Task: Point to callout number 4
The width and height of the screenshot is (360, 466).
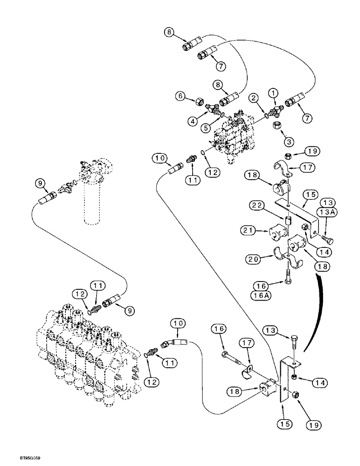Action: [192, 121]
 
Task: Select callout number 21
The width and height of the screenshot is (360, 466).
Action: [247, 231]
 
